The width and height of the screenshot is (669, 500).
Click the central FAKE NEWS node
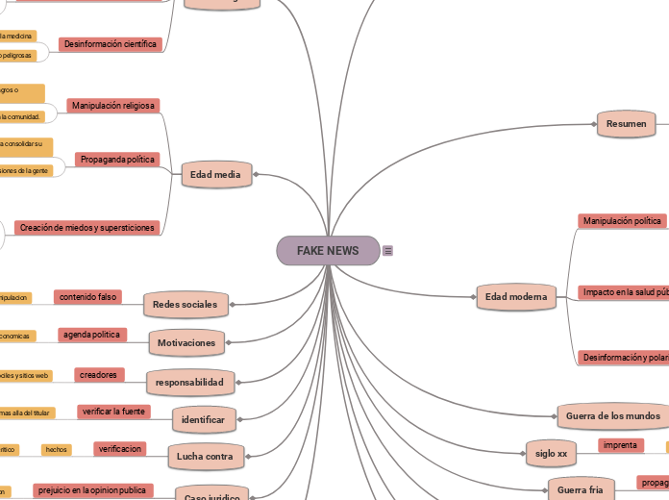pyautogui.click(x=328, y=251)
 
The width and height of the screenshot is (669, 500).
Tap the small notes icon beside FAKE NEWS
pyautogui.click(x=387, y=251)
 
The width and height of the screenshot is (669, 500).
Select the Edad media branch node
pyautogui.click(x=217, y=175)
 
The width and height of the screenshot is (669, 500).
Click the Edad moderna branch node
pyautogui.click(x=516, y=297)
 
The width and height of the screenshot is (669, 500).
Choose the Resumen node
pyautogui.click(x=627, y=124)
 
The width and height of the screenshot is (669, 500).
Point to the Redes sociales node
pyautogui.click(x=186, y=305)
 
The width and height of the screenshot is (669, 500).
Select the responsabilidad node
pyautogui.click(x=189, y=382)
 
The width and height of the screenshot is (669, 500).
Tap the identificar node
pyautogui.click(x=204, y=420)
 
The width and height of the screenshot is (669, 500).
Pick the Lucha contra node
pyautogui.click(x=207, y=456)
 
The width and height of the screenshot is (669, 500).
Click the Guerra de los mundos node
pyautogui.click(x=612, y=416)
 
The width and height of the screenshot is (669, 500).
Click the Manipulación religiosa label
pyautogui.click(x=113, y=105)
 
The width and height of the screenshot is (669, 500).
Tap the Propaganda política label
pyautogui.click(x=118, y=159)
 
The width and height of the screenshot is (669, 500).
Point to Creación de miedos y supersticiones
pyautogui.click(x=87, y=228)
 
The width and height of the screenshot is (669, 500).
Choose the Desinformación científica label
pyautogui.click(x=110, y=44)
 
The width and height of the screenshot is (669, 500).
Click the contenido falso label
pyautogui.click(x=88, y=297)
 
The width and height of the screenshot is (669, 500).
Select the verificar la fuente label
pyautogui.click(x=113, y=412)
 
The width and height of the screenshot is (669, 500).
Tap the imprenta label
pyautogui.click(x=620, y=445)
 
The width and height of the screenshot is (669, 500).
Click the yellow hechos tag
pyautogui.click(x=57, y=449)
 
